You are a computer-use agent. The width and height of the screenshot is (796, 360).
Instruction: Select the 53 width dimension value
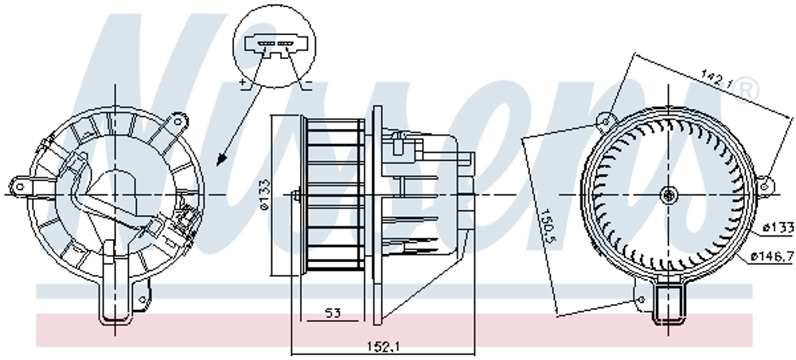pyautogui.click(x=332, y=313)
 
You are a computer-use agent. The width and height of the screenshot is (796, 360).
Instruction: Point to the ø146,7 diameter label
pyautogui.click(x=771, y=256)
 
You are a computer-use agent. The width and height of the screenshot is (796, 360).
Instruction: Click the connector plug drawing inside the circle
pyautogui.click(x=275, y=46)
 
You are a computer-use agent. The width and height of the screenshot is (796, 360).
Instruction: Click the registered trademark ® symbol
pyautogui.click(x=747, y=91)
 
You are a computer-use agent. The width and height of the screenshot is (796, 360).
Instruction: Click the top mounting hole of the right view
pyautogui.click(x=607, y=121)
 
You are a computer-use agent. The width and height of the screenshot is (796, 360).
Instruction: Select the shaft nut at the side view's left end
pyautogui.click(x=295, y=196)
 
